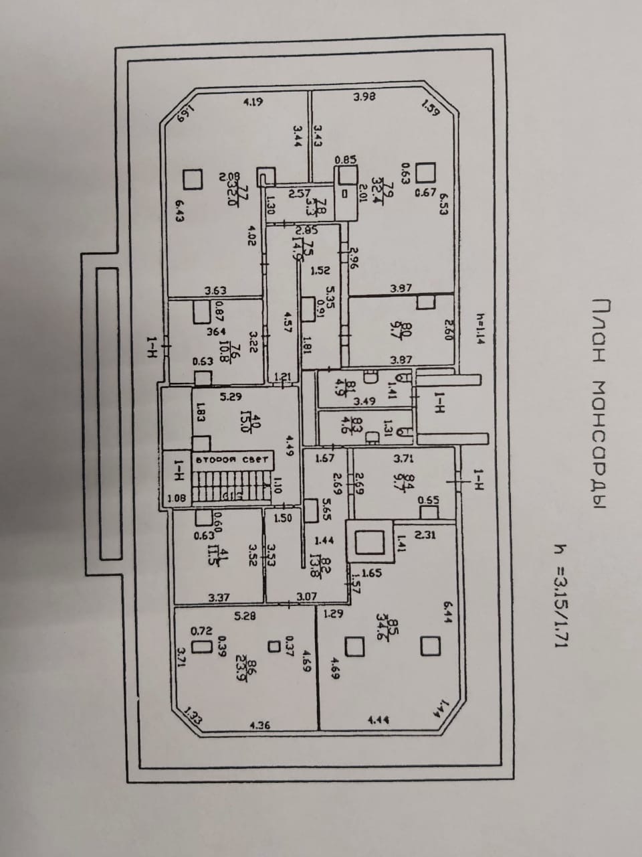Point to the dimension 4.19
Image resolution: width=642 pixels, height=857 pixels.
[x=253, y=102]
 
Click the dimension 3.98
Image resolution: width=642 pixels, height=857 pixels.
[x=364, y=96]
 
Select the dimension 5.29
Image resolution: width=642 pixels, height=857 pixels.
[x=231, y=396]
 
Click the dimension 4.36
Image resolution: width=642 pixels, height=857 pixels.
[x=259, y=725]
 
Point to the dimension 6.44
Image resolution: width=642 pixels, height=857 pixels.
[x=448, y=613]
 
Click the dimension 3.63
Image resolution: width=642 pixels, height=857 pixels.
[x=215, y=291]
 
